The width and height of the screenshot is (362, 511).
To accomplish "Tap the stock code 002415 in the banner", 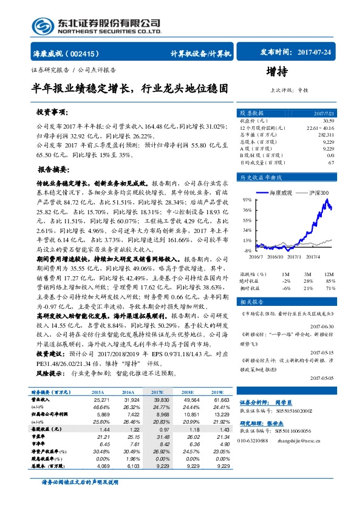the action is click(x=85, y=53).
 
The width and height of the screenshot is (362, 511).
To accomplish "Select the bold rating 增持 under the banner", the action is click(x=277, y=72).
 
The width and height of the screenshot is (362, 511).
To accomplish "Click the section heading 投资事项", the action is click(x=52, y=113).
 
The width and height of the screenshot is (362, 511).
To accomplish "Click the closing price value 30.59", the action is click(x=329, y=121).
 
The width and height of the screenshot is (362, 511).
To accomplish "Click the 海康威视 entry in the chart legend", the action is click(x=280, y=192).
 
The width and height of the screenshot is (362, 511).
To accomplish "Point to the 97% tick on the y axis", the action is click(x=247, y=199).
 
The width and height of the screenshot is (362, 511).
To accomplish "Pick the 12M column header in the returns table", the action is click(x=330, y=274).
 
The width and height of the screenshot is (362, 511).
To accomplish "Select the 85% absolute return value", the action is click(x=330, y=281).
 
